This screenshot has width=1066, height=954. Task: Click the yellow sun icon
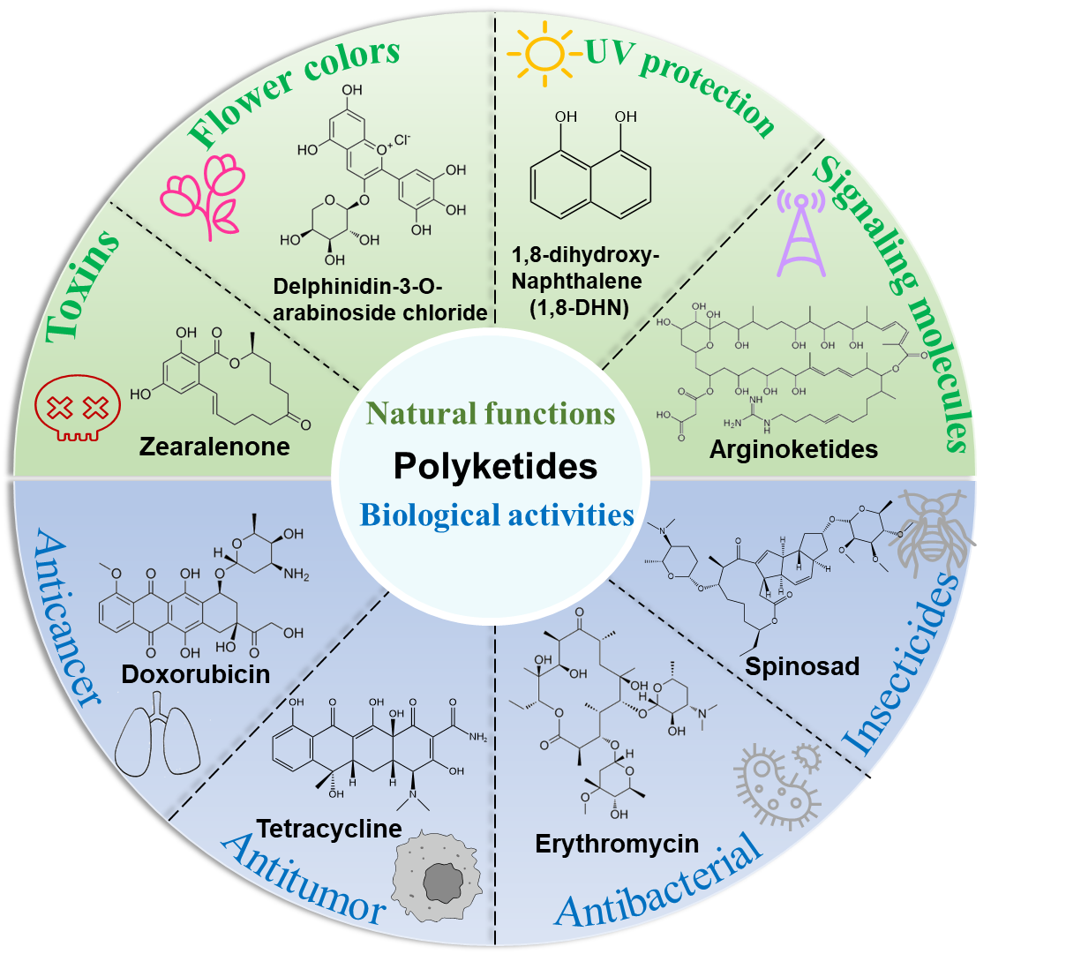544,53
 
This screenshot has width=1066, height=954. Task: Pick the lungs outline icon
157,734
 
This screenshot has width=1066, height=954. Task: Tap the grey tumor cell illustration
436,877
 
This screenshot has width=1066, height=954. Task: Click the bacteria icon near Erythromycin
777,786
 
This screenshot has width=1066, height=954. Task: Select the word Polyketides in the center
495,466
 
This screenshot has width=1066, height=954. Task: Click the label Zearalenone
214,447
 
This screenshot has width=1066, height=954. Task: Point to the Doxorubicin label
196,674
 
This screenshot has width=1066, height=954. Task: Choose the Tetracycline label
329,829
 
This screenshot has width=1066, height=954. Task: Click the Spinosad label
802,666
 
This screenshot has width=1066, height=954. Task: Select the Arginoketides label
793,449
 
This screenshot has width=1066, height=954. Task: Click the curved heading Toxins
80,287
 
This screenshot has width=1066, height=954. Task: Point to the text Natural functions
491,413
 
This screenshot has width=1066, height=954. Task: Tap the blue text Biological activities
497,515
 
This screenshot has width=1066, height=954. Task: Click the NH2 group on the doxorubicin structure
296,574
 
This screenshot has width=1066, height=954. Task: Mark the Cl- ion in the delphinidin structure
402,139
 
